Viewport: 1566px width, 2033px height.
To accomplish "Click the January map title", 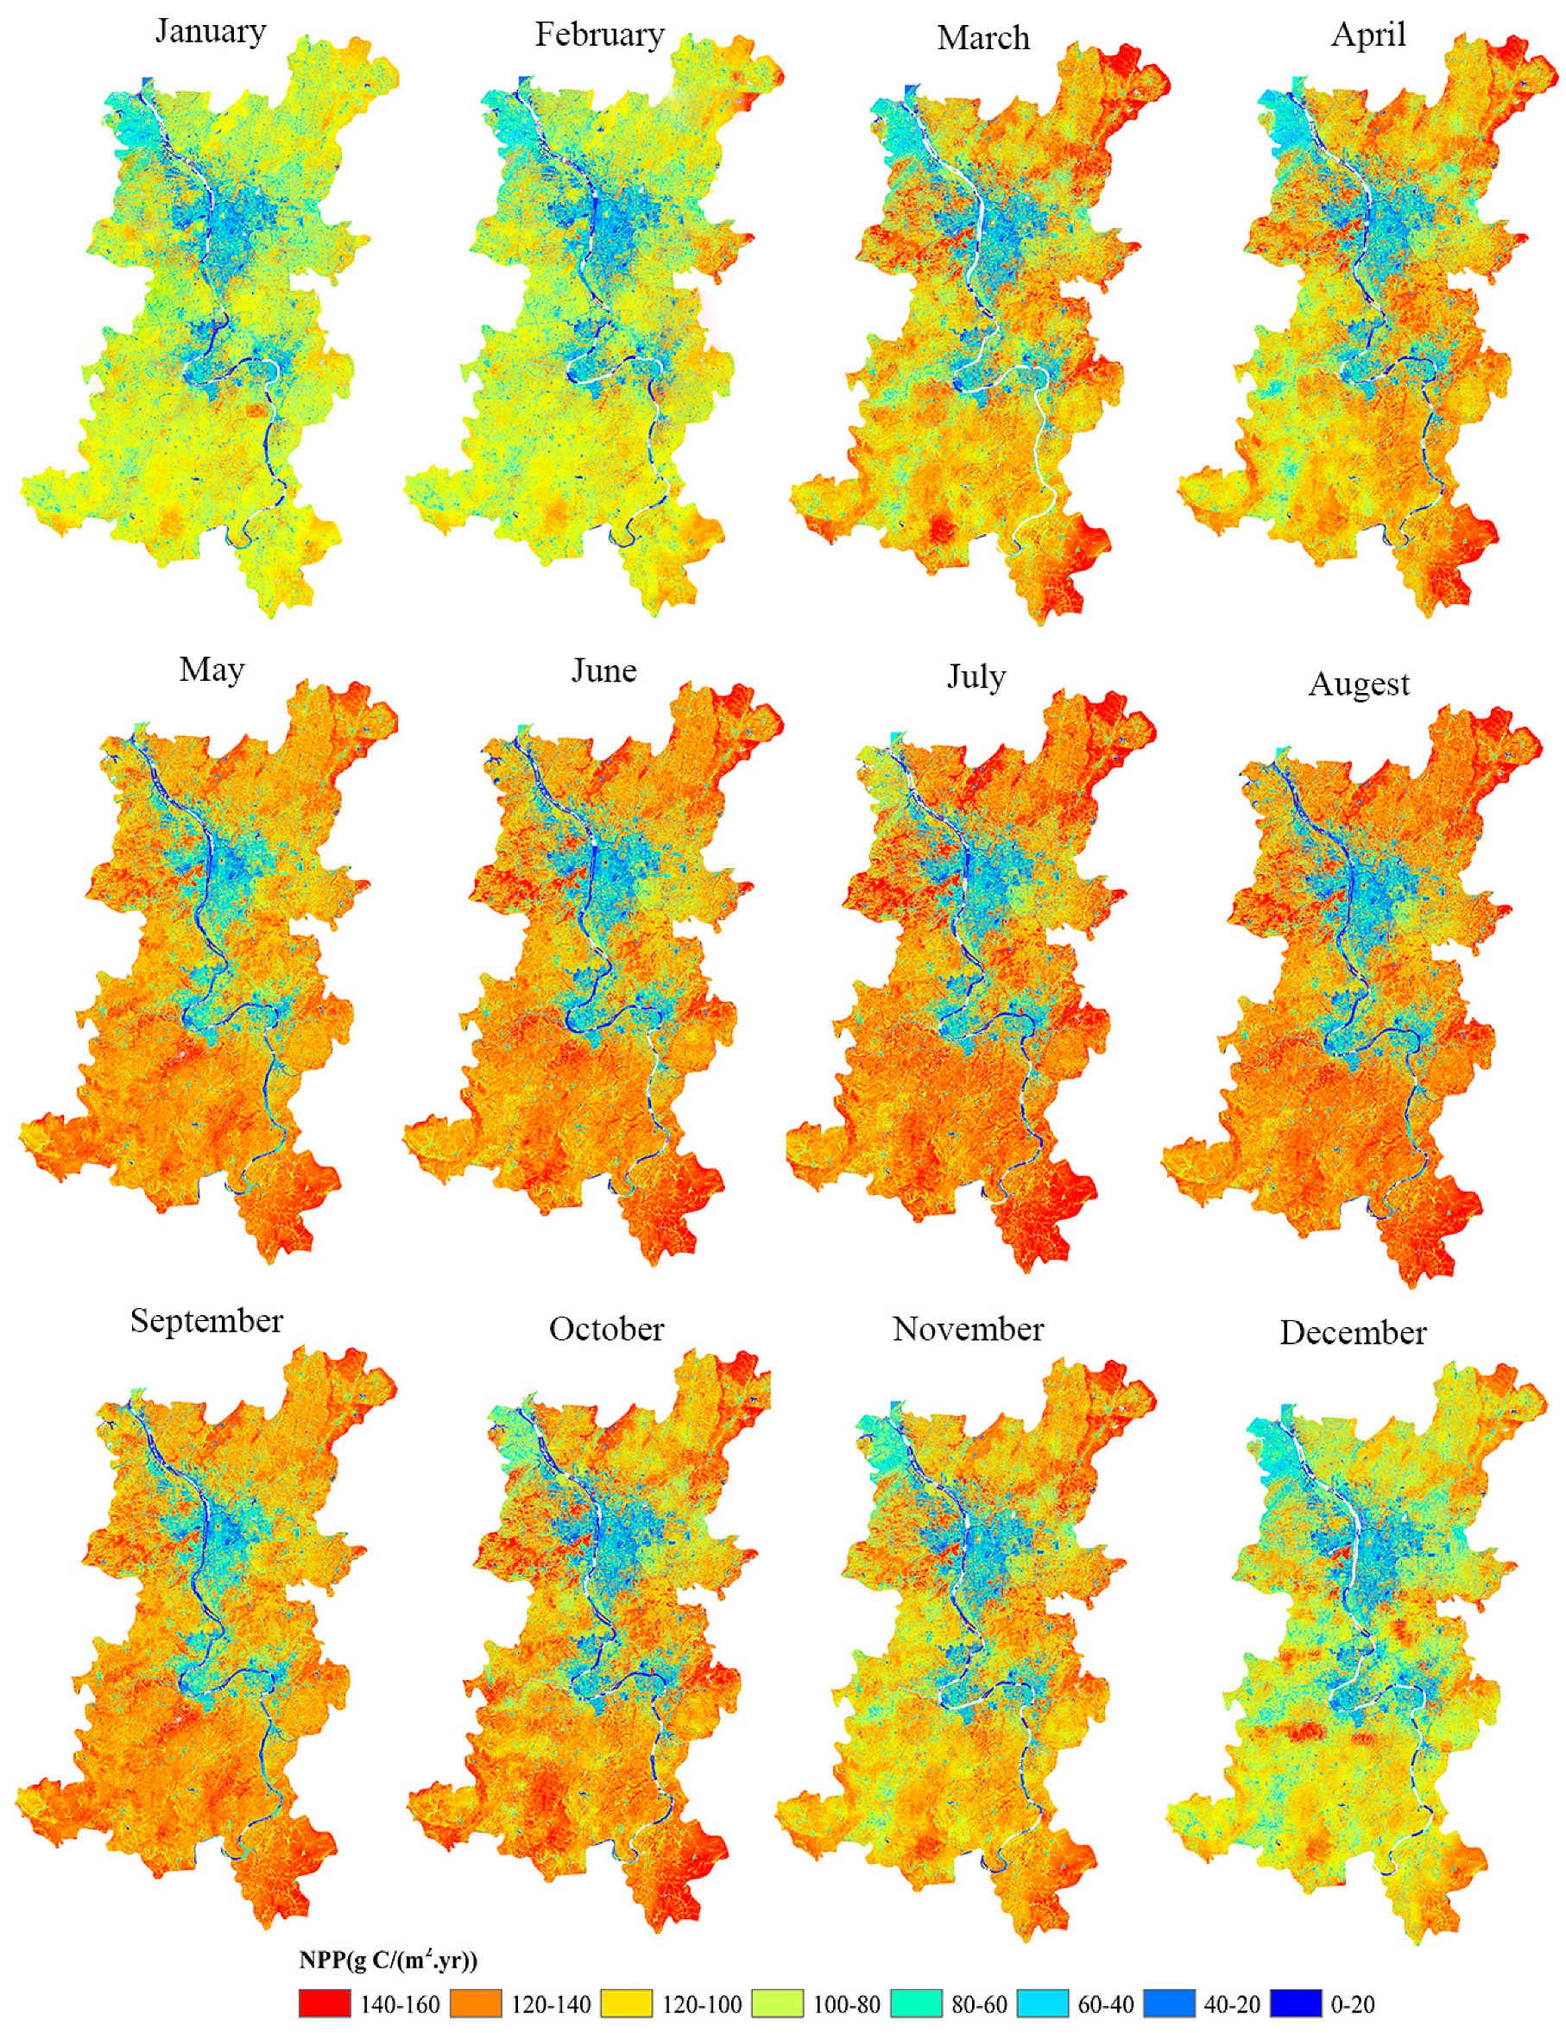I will pyautogui.click(x=211, y=31).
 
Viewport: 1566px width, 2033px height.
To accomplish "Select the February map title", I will pyautogui.click(x=600, y=35).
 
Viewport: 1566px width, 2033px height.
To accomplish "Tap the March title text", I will pyautogui.click(x=983, y=38).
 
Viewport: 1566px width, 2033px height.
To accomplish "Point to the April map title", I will pyautogui.click(x=1367, y=35).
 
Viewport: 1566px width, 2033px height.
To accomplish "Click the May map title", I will pyautogui.click(x=212, y=670).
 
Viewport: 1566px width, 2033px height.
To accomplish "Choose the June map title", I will pyautogui.click(x=603, y=671).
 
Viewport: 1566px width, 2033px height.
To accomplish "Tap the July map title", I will pyautogui.click(x=976, y=676).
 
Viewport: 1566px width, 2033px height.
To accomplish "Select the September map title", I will pyautogui.click(x=205, y=1321).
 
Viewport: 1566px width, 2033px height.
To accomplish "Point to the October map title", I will pyautogui.click(x=606, y=1328).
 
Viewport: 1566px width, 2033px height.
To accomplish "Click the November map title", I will pyautogui.click(x=969, y=1328).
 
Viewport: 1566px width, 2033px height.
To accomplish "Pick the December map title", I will pyautogui.click(x=1353, y=1332).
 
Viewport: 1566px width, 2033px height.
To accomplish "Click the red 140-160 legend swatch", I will pyautogui.click(x=325, y=2003).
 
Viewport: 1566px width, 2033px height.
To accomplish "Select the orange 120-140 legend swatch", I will pyautogui.click(x=476, y=2003).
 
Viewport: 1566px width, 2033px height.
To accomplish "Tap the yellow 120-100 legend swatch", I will pyautogui.click(x=627, y=2003).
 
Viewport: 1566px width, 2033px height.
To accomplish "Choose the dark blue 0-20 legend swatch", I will pyautogui.click(x=1296, y=2003).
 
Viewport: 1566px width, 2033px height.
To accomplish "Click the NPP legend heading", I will pyautogui.click(x=388, y=1961).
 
